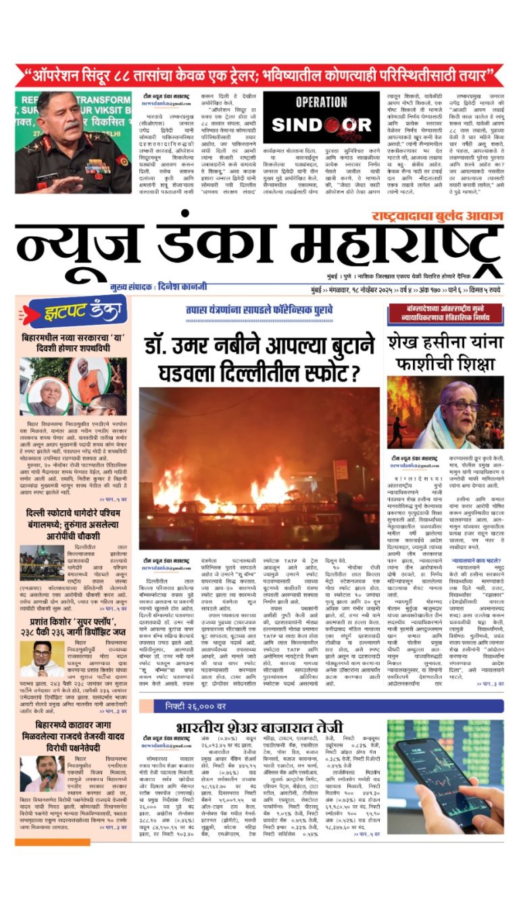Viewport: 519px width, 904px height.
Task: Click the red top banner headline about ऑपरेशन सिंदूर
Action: [x=259, y=74]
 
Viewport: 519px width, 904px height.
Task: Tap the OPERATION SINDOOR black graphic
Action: [x=320, y=117]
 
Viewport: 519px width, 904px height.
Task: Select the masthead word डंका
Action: [x=200, y=250]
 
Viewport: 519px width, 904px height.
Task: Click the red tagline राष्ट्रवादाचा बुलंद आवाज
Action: [x=437, y=217]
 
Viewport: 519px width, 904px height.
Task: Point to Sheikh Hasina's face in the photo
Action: [x=460, y=407]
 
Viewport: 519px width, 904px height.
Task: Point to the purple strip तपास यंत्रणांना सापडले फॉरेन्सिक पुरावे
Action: [x=259, y=309]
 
